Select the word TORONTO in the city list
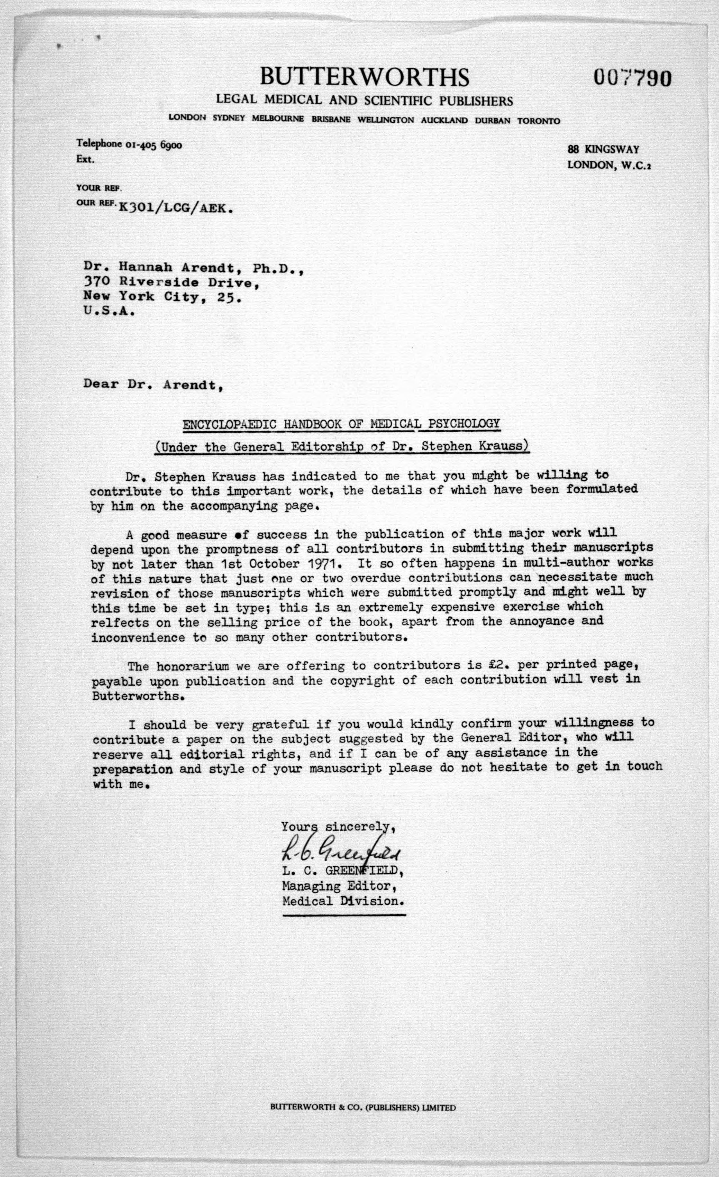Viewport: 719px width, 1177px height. [538, 121]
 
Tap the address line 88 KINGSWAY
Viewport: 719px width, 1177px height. [603, 150]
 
